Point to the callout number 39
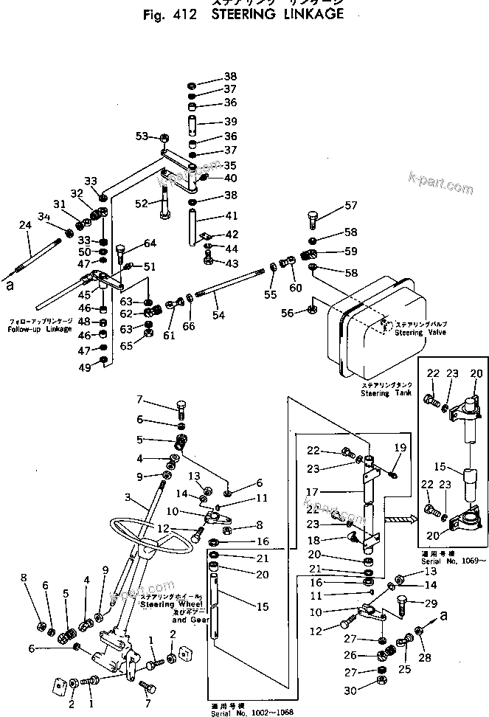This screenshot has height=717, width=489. click(230, 121)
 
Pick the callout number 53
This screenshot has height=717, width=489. click(141, 136)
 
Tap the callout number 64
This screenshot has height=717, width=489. click(150, 243)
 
